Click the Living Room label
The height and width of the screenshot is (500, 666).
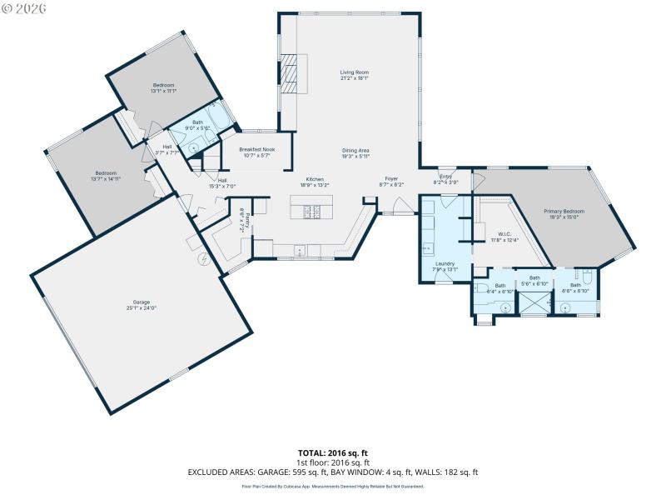tap(354, 72)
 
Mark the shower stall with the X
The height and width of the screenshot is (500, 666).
tap(534, 305)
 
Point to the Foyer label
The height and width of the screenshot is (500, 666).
tap(391, 179)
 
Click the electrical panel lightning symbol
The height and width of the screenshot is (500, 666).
tap(202, 259)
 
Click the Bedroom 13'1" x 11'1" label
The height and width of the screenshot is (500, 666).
tap(163, 86)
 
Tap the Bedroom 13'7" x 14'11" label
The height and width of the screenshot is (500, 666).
tap(106, 174)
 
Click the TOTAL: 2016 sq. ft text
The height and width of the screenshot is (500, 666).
tap(333, 453)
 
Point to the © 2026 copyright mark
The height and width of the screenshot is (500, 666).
tap(25, 7)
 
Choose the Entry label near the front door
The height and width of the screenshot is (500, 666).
tap(445, 177)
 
